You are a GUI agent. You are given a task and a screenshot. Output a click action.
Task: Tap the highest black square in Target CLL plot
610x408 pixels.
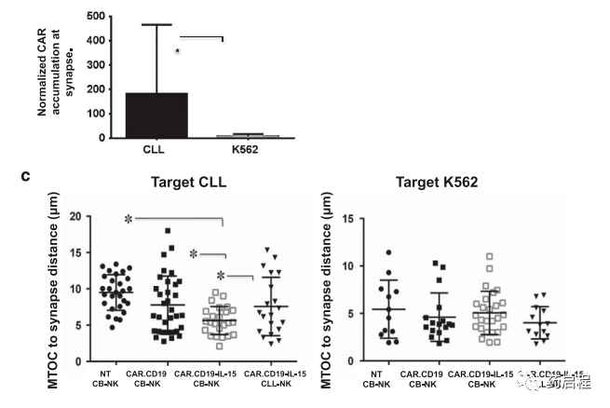pyautogui.click(x=168, y=230)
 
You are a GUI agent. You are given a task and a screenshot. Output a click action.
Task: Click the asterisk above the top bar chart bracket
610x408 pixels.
pyautogui.click(x=178, y=52)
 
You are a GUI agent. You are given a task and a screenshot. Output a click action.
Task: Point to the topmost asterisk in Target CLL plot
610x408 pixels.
pyautogui.click(x=129, y=219)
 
